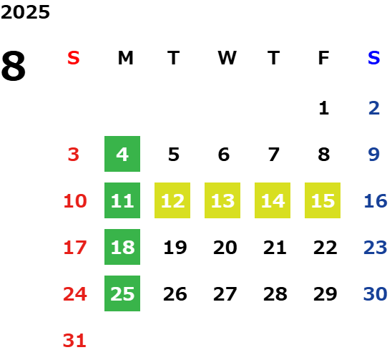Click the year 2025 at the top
(x=25, y=12)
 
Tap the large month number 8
(x=14, y=66)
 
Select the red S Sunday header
(x=74, y=58)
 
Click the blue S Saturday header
(x=374, y=58)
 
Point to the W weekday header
(x=227, y=58)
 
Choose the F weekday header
(x=324, y=58)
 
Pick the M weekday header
(x=125, y=58)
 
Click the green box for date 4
(x=122, y=154)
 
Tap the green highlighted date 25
(x=122, y=293)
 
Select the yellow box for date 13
(x=222, y=200)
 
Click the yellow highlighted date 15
(x=323, y=200)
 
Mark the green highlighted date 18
(x=122, y=247)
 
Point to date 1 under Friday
(x=324, y=108)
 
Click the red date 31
(x=74, y=341)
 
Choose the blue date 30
(x=376, y=293)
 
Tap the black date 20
(x=225, y=248)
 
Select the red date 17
(x=75, y=248)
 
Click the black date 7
(x=274, y=155)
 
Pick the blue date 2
(x=374, y=108)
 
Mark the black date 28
(x=275, y=293)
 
